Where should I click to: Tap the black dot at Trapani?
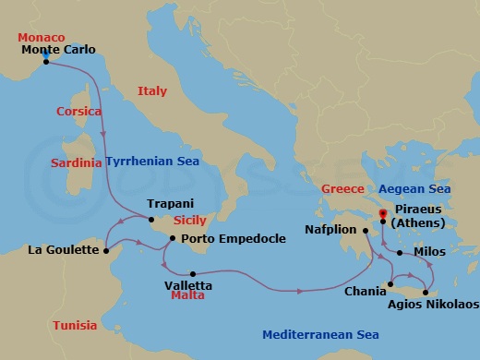[150, 219]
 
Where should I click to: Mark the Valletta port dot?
[192, 273]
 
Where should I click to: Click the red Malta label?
[187, 297]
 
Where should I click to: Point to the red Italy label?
[151, 90]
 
